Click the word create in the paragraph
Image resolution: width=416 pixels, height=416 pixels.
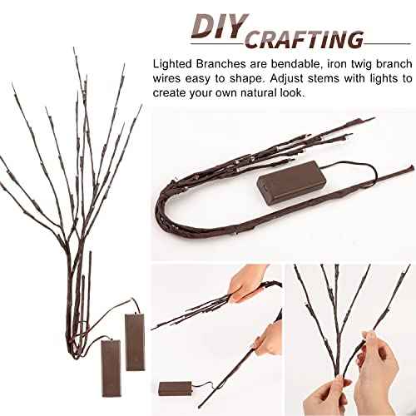(x=172, y=95)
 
